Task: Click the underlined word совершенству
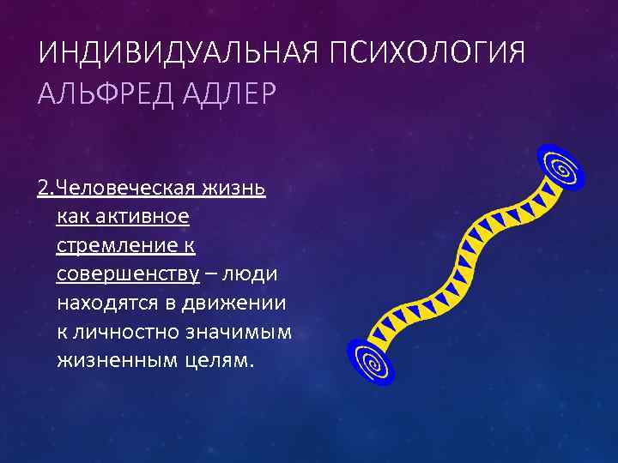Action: point(128,274)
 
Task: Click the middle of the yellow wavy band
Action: point(463,262)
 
